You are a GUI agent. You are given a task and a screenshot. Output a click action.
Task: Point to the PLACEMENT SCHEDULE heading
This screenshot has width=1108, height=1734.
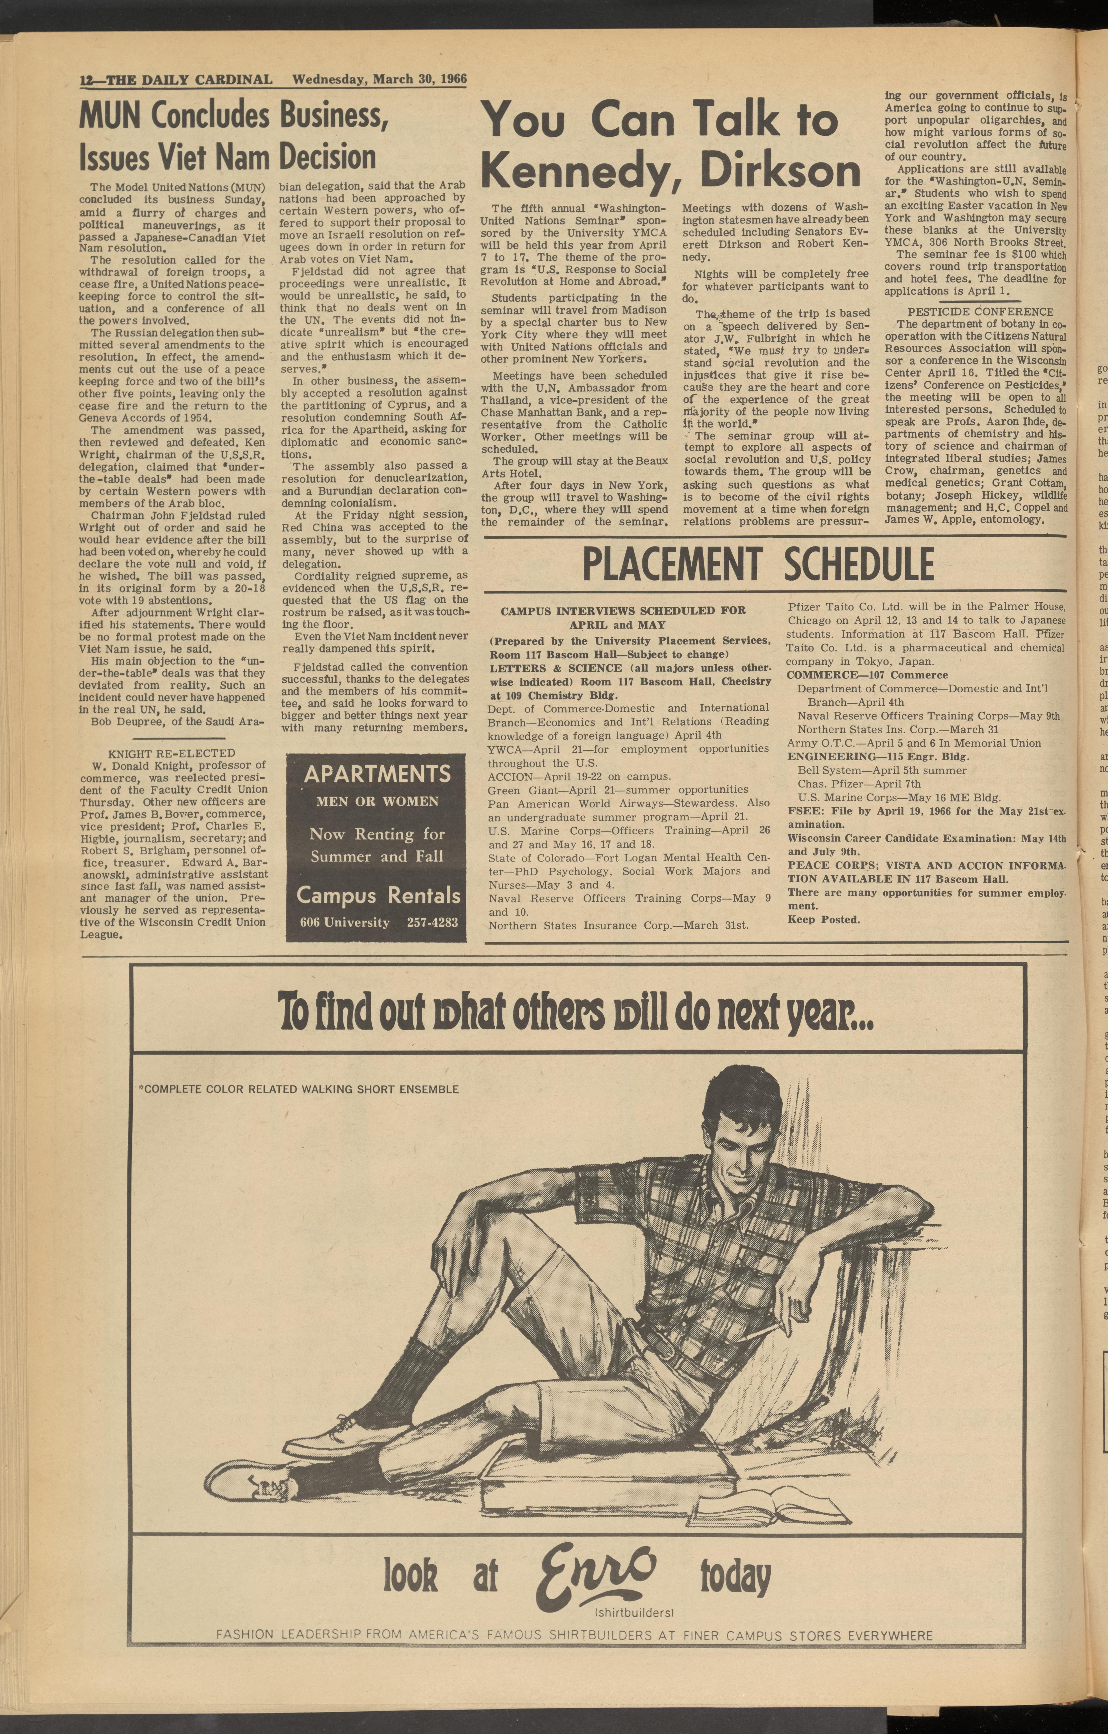pos(758,565)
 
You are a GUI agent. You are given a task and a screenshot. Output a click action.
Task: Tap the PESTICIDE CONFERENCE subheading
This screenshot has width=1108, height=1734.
pos(980,312)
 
